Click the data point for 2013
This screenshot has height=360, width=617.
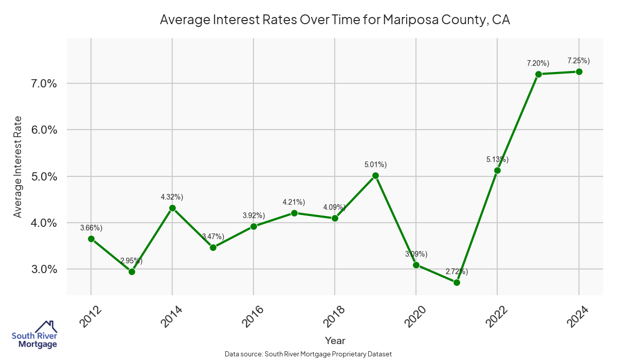(x=132, y=272)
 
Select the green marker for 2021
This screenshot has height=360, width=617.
(x=457, y=282)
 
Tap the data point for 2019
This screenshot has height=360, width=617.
(x=375, y=175)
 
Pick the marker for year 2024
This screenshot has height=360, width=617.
(x=578, y=71)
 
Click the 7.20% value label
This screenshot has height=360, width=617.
(x=538, y=63)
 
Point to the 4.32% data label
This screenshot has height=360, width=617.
(x=172, y=197)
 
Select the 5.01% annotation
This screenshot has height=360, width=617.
(x=375, y=165)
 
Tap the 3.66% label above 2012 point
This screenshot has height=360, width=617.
(x=91, y=228)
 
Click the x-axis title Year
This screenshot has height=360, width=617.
(x=335, y=340)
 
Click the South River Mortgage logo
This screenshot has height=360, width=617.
(x=34, y=335)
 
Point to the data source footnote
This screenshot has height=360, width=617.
(x=308, y=354)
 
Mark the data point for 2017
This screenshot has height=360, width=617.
(x=294, y=213)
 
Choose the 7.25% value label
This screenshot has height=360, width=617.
(x=578, y=61)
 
